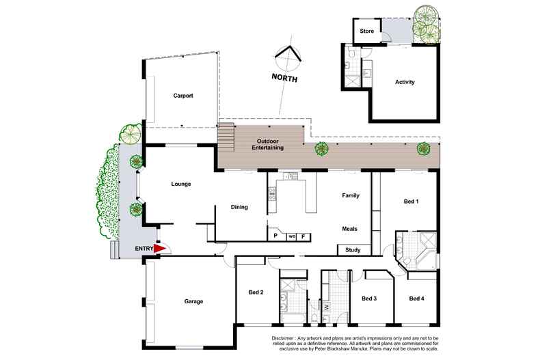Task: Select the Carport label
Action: [183, 96]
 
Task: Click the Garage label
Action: [194, 301]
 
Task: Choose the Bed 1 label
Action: [411, 202]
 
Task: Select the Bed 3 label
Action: [370, 299]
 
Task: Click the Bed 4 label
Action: [417, 299]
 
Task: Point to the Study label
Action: [353, 250]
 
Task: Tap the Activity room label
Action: [405, 83]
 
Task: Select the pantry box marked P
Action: [275, 236]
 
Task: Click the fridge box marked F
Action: [303, 236]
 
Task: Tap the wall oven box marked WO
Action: [291, 236]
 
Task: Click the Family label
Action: [350, 195]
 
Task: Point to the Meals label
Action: [350, 229]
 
